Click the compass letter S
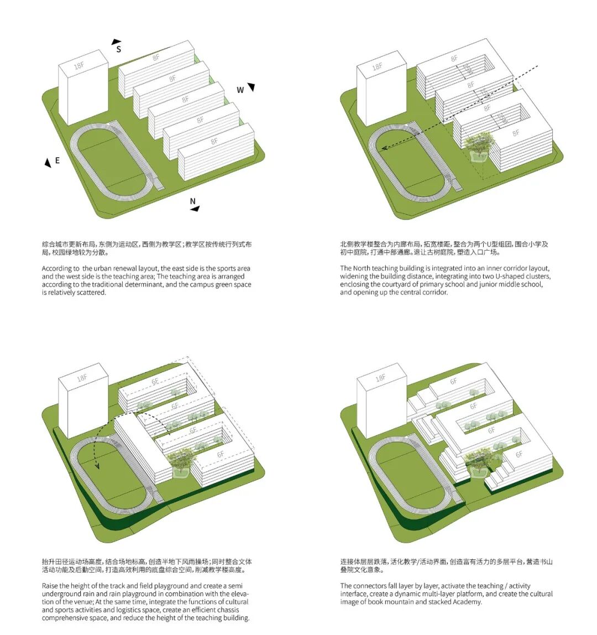click(x=118, y=49)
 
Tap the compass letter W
click(x=240, y=90)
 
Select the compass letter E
click(x=57, y=161)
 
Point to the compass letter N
click(x=193, y=201)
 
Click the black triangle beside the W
click(x=252, y=87)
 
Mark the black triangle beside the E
click(x=48, y=163)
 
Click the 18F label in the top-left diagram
click(x=79, y=66)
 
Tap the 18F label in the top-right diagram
click(x=377, y=67)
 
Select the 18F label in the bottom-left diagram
click(x=82, y=378)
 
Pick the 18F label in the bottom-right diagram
click(x=380, y=378)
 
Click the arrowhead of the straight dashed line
click(x=383, y=148)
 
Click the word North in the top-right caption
click(x=364, y=268)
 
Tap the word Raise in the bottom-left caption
click(x=51, y=586)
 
